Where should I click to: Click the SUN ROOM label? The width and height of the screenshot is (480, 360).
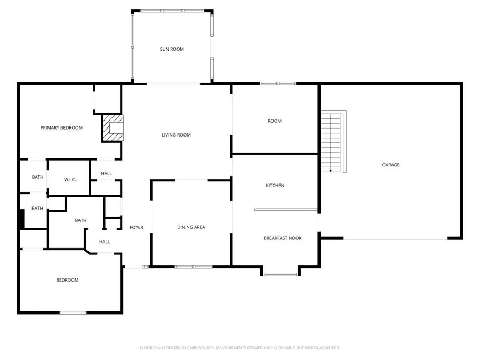(x=172, y=49)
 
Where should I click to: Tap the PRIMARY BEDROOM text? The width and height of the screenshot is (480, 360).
(x=61, y=127)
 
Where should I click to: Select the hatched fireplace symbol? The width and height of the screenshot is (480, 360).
(x=113, y=128)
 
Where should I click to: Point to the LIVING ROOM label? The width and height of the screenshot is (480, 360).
(x=176, y=135)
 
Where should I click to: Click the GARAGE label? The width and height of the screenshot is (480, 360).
(x=390, y=165)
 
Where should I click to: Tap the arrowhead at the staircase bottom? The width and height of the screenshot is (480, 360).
(x=331, y=171)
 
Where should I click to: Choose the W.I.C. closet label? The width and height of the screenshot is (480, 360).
(x=70, y=179)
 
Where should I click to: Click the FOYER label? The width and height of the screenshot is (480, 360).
(x=137, y=227)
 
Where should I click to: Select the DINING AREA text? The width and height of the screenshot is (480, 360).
(x=191, y=227)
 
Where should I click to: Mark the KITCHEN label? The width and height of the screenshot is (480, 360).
(x=275, y=186)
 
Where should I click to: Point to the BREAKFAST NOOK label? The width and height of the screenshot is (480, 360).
(x=282, y=238)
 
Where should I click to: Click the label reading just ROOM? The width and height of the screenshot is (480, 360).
(x=274, y=121)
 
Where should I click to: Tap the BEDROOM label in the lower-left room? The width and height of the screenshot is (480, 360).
(x=67, y=280)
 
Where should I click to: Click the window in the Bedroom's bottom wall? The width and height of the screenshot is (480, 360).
(x=73, y=313)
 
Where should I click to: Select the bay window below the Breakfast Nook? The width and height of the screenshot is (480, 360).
(x=281, y=274)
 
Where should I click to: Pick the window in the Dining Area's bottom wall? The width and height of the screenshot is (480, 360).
(x=193, y=266)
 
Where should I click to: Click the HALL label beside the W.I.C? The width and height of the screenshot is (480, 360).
(x=106, y=173)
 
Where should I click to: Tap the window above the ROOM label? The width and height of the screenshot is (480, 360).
(x=277, y=83)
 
